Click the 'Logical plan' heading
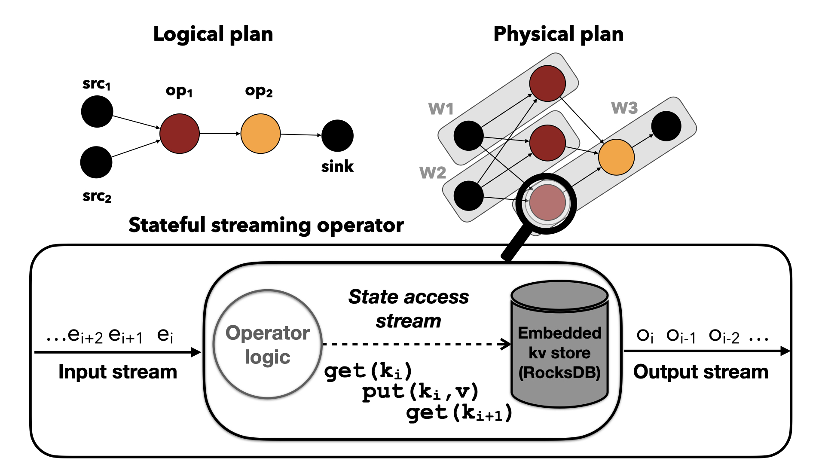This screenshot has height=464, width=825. [x=213, y=34]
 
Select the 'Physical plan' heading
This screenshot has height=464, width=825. [x=558, y=34]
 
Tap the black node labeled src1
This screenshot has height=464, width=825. [x=97, y=112]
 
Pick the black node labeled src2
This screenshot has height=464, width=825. [x=96, y=162]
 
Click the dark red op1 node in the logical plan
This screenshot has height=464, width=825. [x=180, y=134]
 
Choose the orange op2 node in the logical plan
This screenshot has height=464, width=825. [x=260, y=134]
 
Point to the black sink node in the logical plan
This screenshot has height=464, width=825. [x=337, y=136]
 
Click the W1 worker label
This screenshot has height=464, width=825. [x=441, y=109]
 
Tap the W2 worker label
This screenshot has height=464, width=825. [x=433, y=173]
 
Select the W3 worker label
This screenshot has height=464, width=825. [x=624, y=108]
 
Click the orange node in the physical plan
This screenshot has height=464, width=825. [x=616, y=157]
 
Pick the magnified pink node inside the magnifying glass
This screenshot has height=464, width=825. [x=547, y=202]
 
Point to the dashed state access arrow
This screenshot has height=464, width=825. [x=412, y=344]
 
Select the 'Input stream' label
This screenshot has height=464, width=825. [x=118, y=372]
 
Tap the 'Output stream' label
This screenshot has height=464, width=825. [x=701, y=372]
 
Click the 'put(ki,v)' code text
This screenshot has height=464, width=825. [x=420, y=392]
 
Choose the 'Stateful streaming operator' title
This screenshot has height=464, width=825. [x=266, y=225]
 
